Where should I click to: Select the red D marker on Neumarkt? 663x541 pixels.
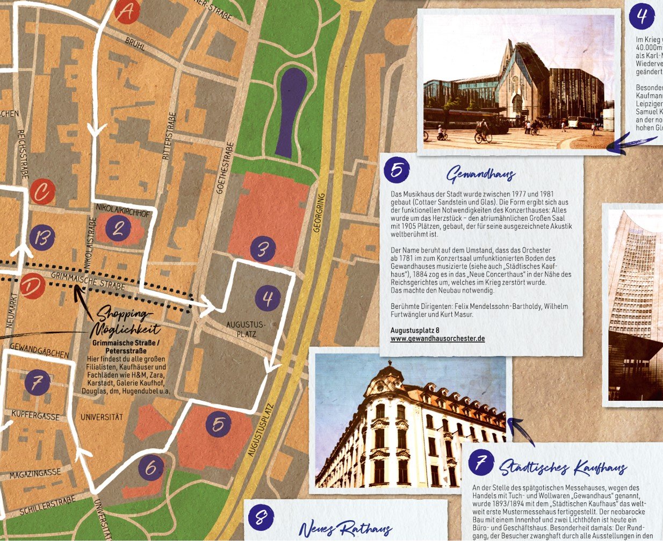33,286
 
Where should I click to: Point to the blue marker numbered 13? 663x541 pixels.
42,237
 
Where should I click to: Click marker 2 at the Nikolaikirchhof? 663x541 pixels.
118,229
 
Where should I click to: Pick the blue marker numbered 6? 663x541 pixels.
151,468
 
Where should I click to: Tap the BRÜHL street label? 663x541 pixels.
135,44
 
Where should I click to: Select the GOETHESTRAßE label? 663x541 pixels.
225,167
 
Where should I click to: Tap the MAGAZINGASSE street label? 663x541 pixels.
35,474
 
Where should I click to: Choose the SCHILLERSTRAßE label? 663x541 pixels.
47,506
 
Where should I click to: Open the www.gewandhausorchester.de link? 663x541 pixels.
437,338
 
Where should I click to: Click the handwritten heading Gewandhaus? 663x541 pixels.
481,175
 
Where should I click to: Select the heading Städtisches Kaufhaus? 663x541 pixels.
563,467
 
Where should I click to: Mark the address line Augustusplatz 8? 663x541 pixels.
415,330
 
